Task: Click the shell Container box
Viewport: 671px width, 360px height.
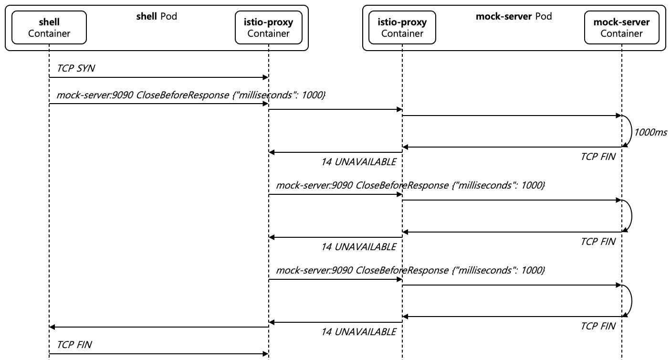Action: [x=49, y=28]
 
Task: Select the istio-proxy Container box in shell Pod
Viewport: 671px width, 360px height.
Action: [x=268, y=28]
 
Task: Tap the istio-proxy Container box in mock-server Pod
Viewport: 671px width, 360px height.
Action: [x=402, y=28]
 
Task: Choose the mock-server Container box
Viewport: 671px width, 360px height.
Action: [x=621, y=28]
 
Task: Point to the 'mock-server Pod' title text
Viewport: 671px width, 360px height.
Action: [x=514, y=17]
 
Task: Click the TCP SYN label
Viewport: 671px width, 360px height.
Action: [x=75, y=68]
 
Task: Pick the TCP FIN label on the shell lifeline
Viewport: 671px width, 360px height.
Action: [x=74, y=344]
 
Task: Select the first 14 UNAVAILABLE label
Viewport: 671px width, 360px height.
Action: [x=358, y=162]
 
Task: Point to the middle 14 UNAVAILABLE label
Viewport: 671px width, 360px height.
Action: [x=358, y=247]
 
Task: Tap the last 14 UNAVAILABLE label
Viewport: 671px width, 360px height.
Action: [x=358, y=331]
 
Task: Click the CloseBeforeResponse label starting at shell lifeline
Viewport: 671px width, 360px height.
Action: [x=191, y=95]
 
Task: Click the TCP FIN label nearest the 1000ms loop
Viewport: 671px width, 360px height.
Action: [x=598, y=157]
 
